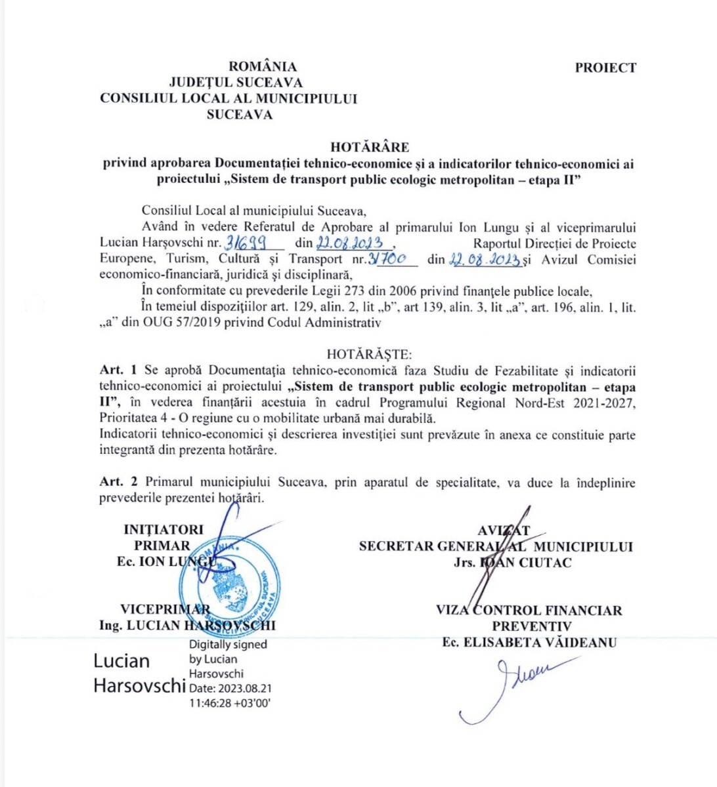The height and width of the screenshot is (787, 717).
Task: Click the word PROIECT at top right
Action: [x=605, y=68]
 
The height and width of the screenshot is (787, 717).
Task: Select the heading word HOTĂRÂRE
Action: [x=370, y=147]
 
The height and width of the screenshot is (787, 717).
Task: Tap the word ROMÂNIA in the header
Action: [x=263, y=66]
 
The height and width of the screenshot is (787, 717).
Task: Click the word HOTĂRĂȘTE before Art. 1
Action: [x=369, y=354]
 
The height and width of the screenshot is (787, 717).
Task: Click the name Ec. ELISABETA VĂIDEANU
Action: [x=529, y=643]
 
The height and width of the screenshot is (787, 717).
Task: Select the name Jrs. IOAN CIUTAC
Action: [x=512, y=562]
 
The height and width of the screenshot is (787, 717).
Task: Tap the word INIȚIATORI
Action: [x=163, y=529]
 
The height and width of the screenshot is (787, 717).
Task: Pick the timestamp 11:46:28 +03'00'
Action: [x=230, y=703]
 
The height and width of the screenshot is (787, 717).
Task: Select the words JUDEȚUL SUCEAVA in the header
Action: [x=236, y=83]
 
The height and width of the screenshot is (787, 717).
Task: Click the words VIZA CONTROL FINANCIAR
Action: [x=529, y=611]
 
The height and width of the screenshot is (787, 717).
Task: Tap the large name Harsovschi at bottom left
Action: [x=139, y=686]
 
